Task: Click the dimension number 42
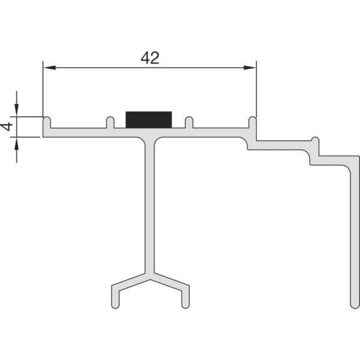pos(149,58)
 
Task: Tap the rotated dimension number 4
pos(7,127)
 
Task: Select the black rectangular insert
pos(149,119)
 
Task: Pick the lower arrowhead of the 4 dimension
pos(17,143)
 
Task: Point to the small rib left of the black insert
pos(110,122)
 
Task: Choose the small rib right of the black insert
pos(189,122)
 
